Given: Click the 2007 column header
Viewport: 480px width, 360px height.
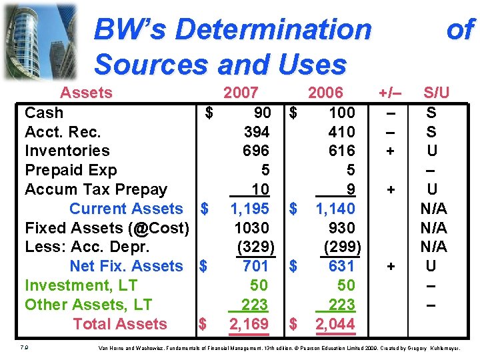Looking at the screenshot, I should (x=241, y=93).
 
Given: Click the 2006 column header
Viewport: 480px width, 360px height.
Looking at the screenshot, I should (x=325, y=93).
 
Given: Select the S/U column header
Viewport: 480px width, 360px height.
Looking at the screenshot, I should (x=437, y=93).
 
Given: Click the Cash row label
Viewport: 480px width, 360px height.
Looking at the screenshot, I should (x=44, y=113).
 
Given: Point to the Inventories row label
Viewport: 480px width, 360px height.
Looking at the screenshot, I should (x=67, y=151).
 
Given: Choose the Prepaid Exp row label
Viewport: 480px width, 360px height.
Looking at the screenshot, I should (x=71, y=171).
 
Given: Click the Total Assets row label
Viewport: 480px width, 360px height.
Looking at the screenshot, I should (x=120, y=324).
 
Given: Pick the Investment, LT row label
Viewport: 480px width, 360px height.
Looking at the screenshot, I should (x=81, y=285).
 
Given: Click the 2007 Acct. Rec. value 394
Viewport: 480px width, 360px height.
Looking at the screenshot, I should (x=257, y=132).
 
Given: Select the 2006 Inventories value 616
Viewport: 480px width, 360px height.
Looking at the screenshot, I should (x=342, y=151).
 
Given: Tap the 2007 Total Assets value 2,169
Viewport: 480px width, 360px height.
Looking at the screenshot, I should (x=249, y=324).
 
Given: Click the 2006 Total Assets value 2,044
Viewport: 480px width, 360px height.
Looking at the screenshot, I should (x=335, y=324).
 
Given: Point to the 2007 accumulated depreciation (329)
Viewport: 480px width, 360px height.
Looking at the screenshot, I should (x=255, y=247).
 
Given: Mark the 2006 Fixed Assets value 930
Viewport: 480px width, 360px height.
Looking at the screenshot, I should (x=342, y=228).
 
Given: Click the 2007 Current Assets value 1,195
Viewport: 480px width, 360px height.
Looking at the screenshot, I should (x=250, y=209).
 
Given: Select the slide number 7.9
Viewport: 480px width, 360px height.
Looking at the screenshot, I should (x=24, y=347).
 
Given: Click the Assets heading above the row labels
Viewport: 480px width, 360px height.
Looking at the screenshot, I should (x=87, y=93).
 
